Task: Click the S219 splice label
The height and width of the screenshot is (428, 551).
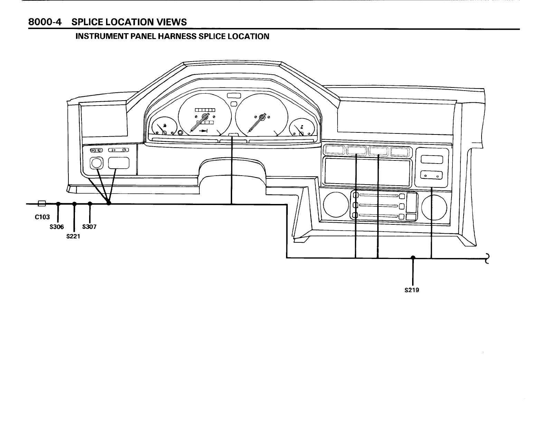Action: coord(411,290)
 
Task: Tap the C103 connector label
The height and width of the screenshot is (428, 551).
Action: coord(42,217)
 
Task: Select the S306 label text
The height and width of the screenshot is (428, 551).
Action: coord(57,227)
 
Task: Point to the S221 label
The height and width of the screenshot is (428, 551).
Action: coord(73,237)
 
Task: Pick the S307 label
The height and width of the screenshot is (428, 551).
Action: coord(89,227)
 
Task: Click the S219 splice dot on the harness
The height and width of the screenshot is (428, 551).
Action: coord(413,258)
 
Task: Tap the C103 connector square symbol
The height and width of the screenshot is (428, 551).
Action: coord(41,203)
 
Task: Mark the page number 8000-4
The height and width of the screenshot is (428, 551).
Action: coord(45,22)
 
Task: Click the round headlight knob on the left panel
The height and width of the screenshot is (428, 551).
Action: coord(96,163)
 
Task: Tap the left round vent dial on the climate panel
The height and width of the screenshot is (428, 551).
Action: coord(333,207)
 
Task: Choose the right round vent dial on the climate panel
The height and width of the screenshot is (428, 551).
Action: coord(434,207)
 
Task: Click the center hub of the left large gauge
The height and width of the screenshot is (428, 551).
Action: coord(205,117)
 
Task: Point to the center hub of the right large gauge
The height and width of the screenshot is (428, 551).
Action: coord(262,117)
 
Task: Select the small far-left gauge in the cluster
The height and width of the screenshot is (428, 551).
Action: coord(162,128)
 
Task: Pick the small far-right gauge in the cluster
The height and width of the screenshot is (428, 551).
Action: coord(302,128)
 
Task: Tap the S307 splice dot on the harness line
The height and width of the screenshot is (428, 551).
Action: coord(90,204)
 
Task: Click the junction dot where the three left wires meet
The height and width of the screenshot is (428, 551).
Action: coord(109,203)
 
